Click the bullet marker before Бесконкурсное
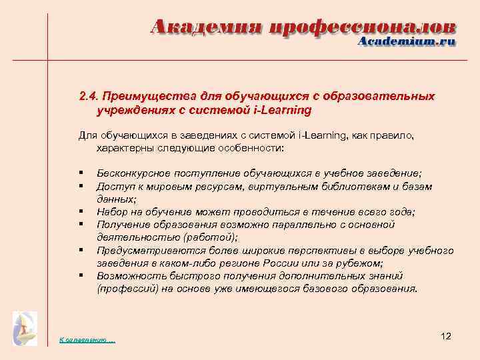click(x=80, y=173)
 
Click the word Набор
click(x=111, y=212)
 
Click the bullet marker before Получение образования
click(x=80, y=225)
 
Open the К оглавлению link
click(x=87, y=340)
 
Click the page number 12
click(x=446, y=336)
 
